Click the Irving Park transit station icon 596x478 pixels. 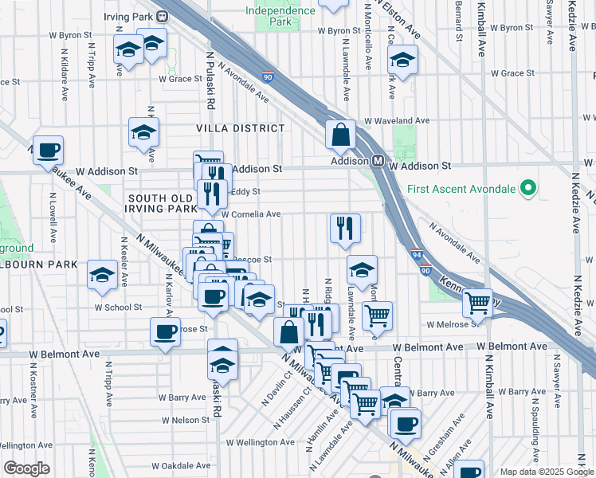(162, 14)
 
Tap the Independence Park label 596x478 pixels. (280, 16)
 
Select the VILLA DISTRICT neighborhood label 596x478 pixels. (241, 128)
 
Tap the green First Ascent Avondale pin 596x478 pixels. (526, 189)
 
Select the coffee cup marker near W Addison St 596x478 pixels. (48, 150)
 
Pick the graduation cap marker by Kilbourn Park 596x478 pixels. (102, 275)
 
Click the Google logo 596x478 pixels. (27, 468)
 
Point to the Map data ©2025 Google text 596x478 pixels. (546, 472)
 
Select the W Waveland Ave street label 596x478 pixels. (397, 121)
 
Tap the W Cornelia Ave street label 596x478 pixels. (250, 214)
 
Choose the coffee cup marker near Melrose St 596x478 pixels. (165, 331)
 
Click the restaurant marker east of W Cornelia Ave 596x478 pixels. (345, 228)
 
